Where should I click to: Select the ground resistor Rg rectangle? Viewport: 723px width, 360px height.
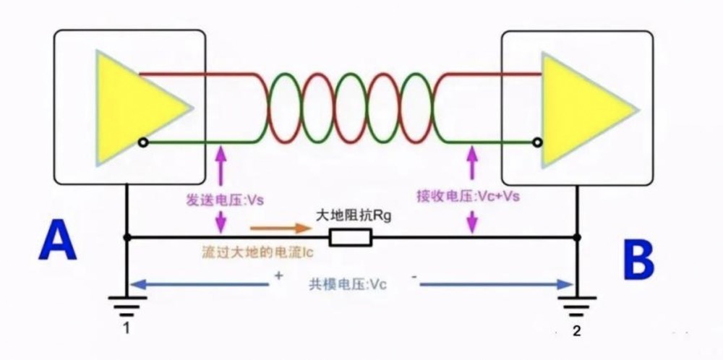[x=350, y=237]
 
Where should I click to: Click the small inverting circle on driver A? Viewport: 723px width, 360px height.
[x=143, y=142]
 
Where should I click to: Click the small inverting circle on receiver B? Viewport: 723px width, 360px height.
[x=536, y=142]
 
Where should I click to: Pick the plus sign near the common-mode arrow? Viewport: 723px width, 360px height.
[x=278, y=275]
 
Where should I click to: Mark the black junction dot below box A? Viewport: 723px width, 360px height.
[x=127, y=237]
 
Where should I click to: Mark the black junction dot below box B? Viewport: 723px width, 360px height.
[x=576, y=237]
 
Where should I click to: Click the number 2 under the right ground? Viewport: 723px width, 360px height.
[x=576, y=332]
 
